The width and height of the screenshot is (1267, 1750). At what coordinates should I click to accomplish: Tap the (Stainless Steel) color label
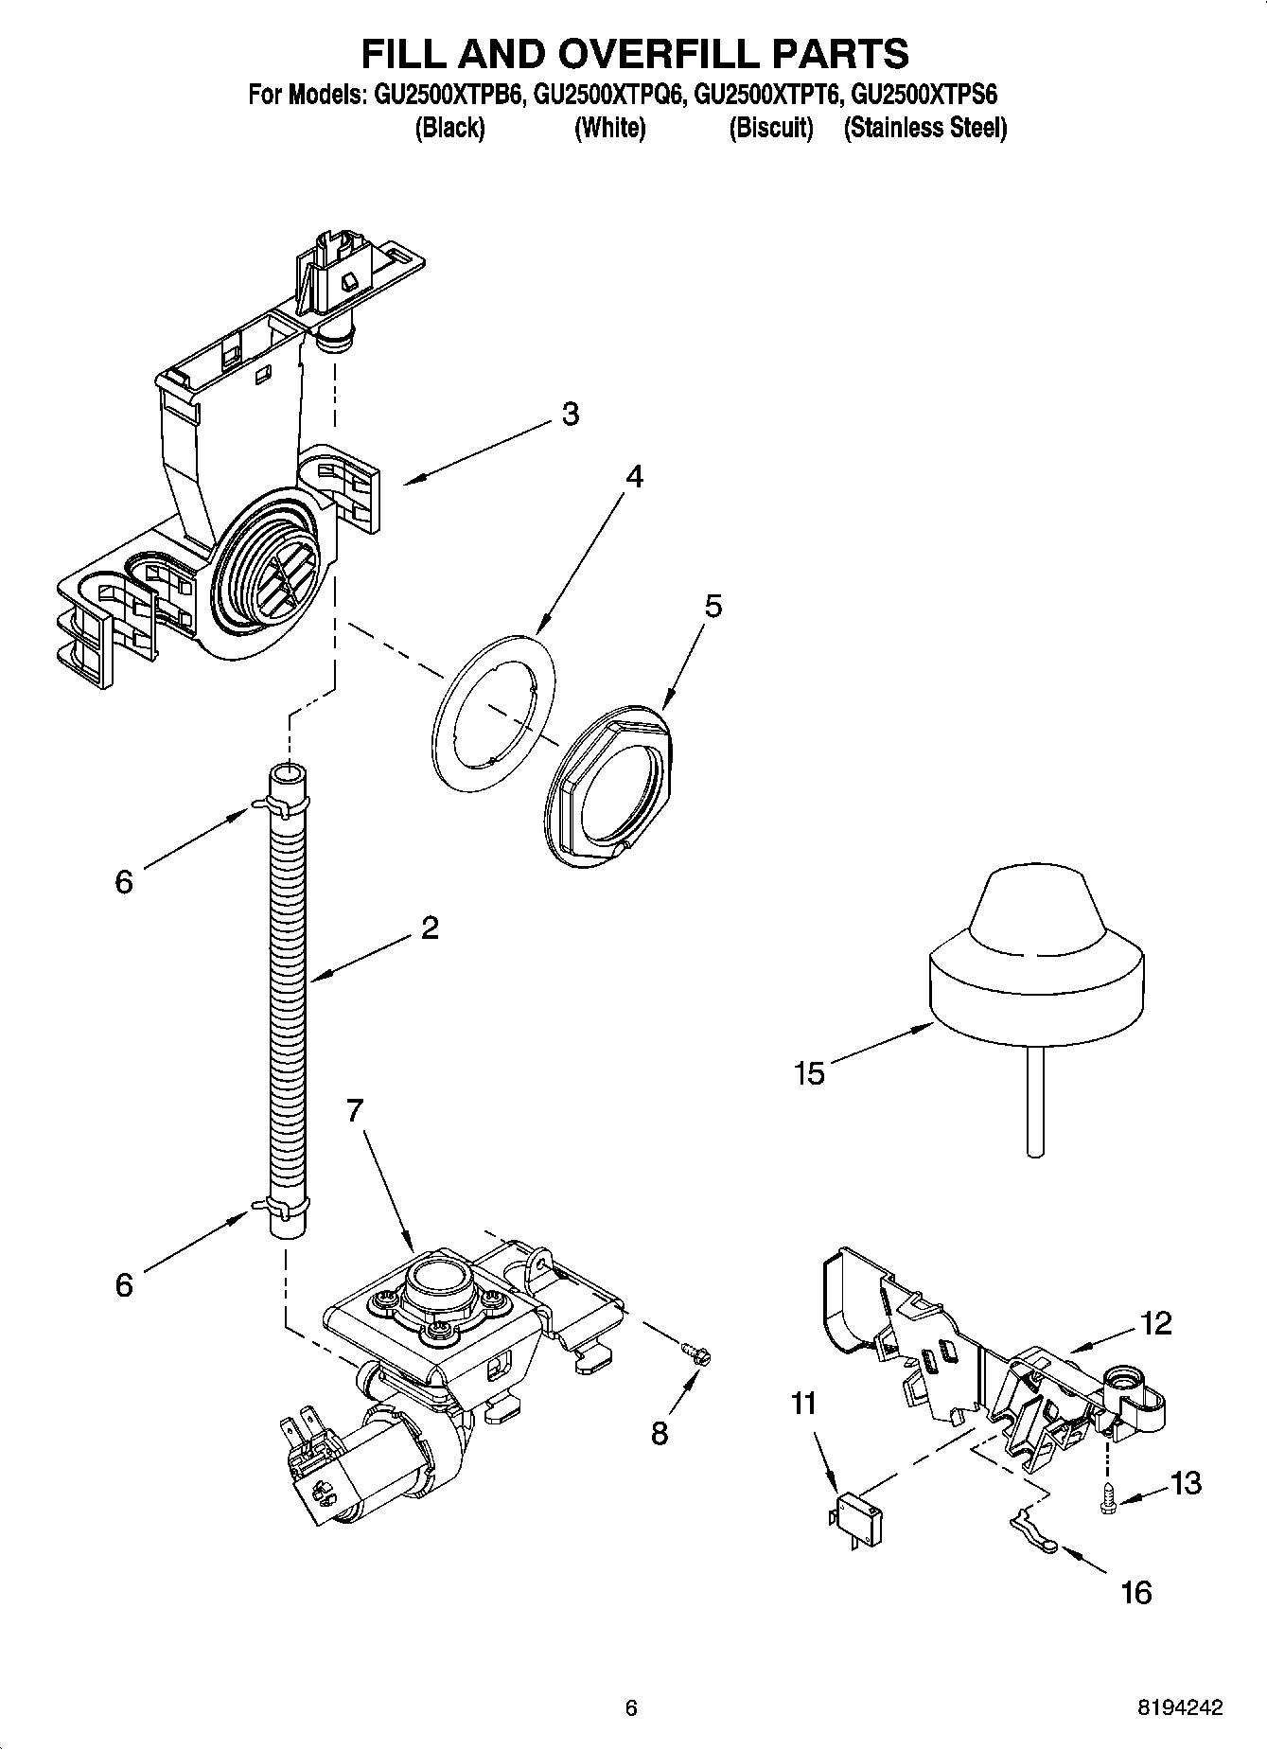tap(924, 128)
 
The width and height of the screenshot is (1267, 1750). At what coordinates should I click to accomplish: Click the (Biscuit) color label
tap(770, 128)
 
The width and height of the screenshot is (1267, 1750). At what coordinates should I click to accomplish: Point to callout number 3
tap(570, 414)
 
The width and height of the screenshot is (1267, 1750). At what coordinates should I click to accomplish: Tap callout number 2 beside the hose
tap(429, 928)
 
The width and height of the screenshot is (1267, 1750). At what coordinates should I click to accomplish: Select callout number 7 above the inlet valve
tap(354, 1110)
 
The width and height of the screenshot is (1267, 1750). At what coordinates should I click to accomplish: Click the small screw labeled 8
tap(697, 1354)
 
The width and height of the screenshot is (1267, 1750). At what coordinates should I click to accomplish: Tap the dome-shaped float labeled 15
tap(1036, 946)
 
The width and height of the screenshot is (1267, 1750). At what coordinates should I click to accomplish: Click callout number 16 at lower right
tap(1135, 1592)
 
